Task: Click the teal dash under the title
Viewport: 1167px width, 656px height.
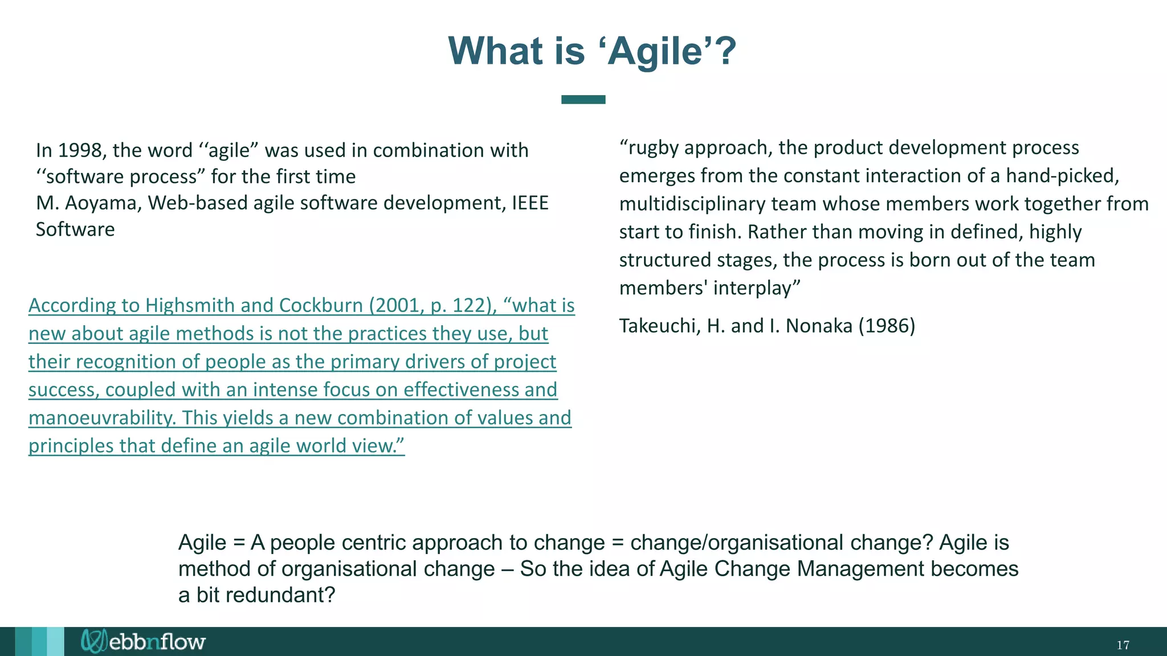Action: pos(583,100)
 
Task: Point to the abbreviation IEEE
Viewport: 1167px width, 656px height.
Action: pos(530,203)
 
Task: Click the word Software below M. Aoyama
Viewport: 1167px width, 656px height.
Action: pos(75,229)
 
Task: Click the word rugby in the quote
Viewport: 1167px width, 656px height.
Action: pos(654,148)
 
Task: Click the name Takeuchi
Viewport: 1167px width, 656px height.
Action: pos(659,326)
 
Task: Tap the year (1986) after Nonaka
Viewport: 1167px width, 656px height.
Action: pos(887,326)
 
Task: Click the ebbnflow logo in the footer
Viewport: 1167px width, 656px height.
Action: pos(142,642)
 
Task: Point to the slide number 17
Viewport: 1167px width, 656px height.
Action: pos(1123,645)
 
